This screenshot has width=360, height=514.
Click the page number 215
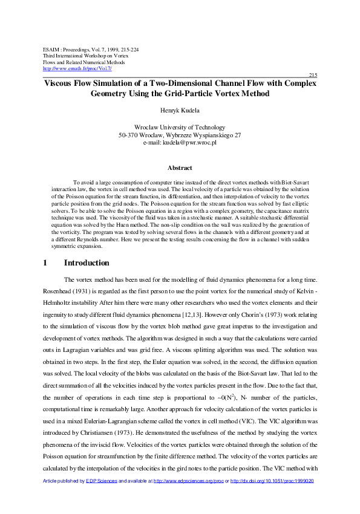point(313,74)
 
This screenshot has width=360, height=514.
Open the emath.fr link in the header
point(77,68)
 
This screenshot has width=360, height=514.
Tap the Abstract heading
point(180,168)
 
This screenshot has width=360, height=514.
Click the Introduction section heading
point(87,263)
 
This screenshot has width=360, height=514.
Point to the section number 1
point(45,263)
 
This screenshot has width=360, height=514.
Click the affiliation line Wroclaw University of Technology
point(180,128)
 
